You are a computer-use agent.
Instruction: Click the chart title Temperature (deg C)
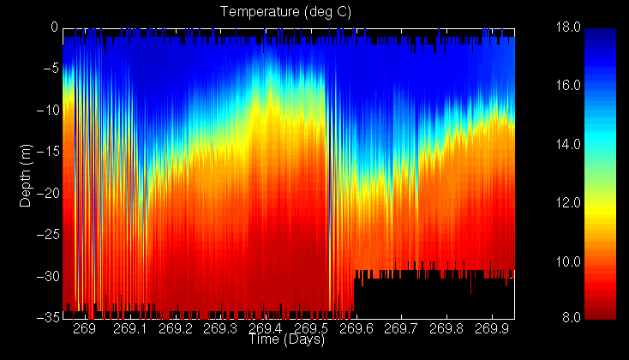tap(286, 12)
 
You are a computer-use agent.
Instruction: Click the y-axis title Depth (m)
tap(26, 171)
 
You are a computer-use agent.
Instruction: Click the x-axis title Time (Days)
tap(286, 340)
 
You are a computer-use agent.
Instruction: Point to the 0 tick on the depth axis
tap(53, 27)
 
